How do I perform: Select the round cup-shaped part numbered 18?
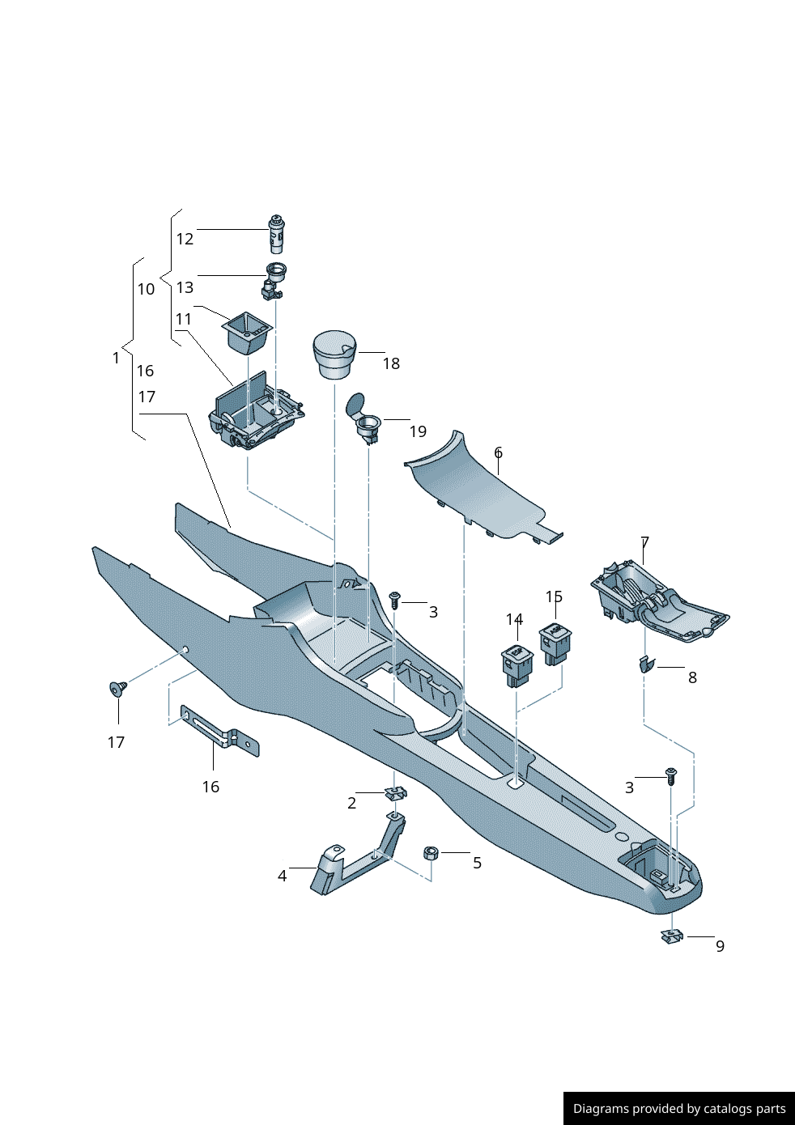pos(334,354)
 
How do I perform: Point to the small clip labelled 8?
pos(646,665)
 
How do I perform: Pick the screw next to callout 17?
pos(118,689)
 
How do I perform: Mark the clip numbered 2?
pos(396,792)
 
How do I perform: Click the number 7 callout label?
pos(644,542)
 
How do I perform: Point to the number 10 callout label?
pos(146,289)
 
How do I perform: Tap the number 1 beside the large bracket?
pos(116,358)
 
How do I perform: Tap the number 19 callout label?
pos(418,431)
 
